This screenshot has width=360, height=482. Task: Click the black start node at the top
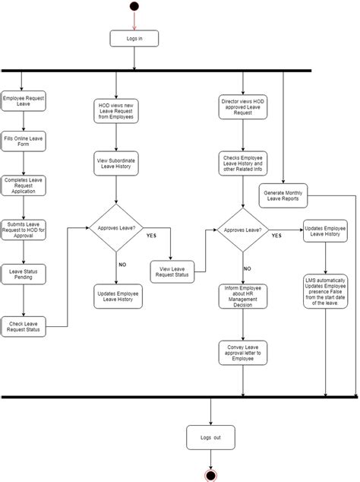[x=134, y=7]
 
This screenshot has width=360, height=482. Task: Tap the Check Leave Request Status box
[x=23, y=326]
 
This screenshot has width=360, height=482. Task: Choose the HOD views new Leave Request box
[x=117, y=111]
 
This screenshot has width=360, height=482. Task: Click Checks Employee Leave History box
[x=243, y=164]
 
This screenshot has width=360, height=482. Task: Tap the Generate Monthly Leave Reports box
[x=285, y=196]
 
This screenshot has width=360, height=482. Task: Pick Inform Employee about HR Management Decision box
[x=242, y=296]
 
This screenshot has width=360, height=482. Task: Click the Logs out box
[x=211, y=438]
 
